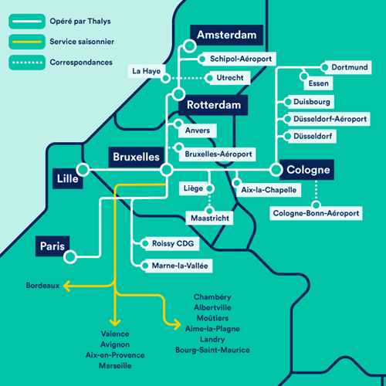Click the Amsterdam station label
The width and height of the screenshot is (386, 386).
(x=226, y=35)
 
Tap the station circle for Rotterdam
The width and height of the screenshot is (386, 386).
(x=178, y=94)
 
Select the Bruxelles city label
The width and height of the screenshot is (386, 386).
(x=137, y=157)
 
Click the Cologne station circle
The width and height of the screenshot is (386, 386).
(x=276, y=170)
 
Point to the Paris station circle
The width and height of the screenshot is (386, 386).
(x=70, y=256)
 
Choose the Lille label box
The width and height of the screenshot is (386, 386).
(x=68, y=178)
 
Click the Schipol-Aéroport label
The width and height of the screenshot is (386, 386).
(x=239, y=59)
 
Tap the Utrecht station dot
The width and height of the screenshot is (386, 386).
(x=210, y=78)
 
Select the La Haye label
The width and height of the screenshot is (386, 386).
(x=147, y=71)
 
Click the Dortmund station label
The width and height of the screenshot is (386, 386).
(x=348, y=67)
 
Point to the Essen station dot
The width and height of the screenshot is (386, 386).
(x=304, y=76)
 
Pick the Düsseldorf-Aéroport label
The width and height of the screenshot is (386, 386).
(x=329, y=119)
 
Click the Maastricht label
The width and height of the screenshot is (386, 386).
(x=210, y=218)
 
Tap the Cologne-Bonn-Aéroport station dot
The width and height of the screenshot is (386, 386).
(x=316, y=205)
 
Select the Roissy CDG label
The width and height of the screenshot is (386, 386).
(x=172, y=243)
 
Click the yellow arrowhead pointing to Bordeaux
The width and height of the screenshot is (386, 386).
(x=66, y=286)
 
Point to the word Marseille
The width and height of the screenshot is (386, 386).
(x=115, y=366)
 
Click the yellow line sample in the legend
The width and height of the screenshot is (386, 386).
(x=27, y=42)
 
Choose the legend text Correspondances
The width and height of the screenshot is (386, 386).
(x=81, y=63)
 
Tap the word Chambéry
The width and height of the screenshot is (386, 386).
(x=212, y=297)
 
